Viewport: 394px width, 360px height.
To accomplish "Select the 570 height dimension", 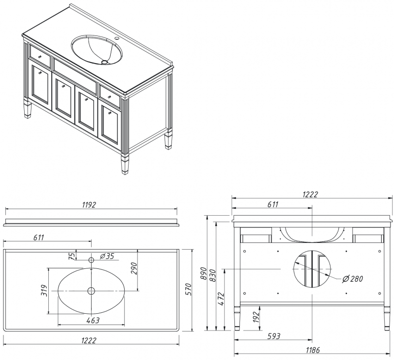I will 188,290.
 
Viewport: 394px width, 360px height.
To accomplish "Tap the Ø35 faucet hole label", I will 107,256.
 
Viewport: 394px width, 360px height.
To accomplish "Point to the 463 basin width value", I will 92,321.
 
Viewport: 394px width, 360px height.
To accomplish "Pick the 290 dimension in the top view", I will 133,268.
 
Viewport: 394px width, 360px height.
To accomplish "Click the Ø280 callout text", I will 352,279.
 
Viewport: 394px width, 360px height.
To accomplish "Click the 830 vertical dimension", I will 213,276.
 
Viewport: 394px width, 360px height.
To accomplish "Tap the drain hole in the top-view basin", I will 91,291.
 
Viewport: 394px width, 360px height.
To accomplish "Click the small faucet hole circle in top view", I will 91,259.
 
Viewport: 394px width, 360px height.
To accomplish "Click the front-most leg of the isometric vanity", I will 125,163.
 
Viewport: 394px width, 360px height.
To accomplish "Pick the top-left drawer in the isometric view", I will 40,56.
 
